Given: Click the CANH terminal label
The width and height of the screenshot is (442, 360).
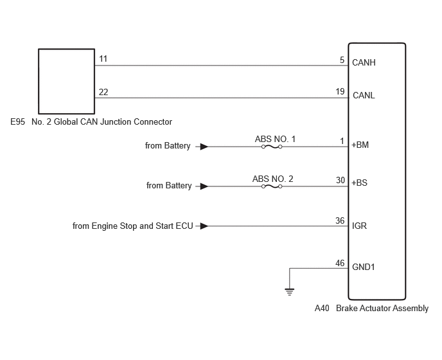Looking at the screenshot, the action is point(364,62).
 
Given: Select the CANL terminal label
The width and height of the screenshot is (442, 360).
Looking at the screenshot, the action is point(364,95).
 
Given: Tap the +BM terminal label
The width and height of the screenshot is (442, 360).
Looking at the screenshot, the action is point(360,145).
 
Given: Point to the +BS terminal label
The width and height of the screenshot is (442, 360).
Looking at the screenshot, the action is point(359,183).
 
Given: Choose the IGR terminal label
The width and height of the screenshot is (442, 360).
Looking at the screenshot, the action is point(359,226).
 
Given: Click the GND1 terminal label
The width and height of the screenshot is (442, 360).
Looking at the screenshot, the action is point(364,267).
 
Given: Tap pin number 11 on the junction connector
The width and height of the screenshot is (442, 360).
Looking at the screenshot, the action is point(103,59).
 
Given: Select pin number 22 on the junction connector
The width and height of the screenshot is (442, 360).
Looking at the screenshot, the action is point(103,93).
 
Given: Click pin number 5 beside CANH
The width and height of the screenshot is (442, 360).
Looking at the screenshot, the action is point(342,60).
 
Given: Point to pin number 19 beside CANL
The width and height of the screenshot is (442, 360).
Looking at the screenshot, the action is point(340,91).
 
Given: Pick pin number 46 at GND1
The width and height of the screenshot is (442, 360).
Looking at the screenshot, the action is point(340,263).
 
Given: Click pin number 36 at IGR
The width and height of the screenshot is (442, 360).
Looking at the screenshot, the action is point(340,221).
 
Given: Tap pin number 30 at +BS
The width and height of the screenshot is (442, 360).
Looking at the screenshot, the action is point(340,180).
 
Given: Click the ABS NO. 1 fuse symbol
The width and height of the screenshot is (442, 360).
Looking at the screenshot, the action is point(272,147).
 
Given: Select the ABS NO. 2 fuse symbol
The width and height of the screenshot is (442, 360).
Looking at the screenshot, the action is point(272,186).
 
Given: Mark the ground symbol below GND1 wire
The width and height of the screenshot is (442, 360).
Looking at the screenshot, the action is point(290,292).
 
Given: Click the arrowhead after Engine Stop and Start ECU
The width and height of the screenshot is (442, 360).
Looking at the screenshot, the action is point(204,226).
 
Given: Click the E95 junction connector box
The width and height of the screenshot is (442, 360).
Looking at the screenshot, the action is point(67,81).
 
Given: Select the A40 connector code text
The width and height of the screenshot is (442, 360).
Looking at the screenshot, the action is point(322,308).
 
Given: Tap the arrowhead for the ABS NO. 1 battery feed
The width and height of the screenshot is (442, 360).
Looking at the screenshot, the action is point(204,147).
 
